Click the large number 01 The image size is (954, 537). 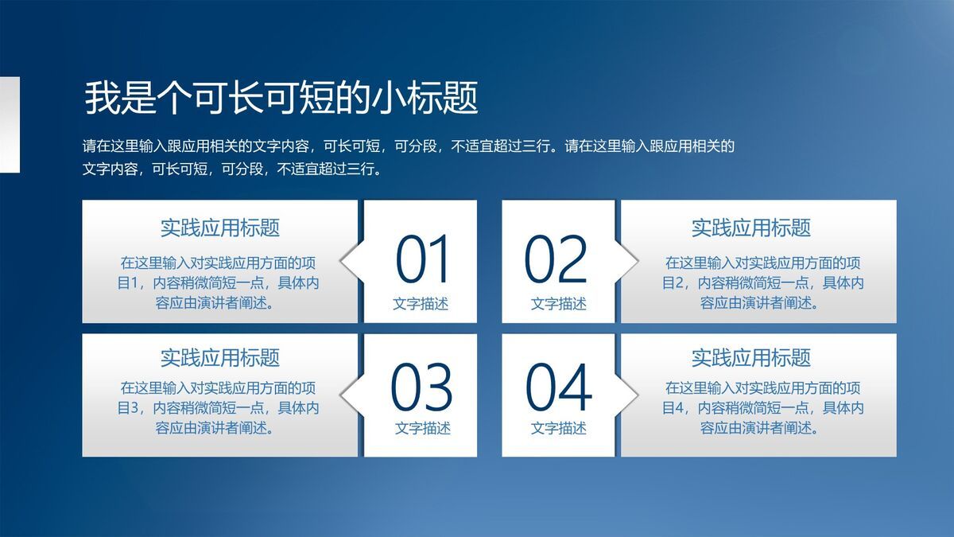[423, 260]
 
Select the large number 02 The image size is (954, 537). [556, 260]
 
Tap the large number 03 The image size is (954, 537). [421, 387]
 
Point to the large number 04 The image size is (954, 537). [558, 387]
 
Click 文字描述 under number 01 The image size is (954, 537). [421, 303]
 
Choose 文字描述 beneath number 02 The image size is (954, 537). [558, 303]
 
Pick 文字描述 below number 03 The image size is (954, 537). [422, 428]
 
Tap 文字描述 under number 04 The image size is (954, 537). [558, 428]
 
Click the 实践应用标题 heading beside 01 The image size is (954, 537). [220, 228]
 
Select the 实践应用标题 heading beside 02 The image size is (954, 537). [750, 228]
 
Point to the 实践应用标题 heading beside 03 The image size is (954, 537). [220, 357]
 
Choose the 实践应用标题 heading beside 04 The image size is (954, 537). [750, 357]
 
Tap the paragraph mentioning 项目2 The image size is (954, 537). [763, 282]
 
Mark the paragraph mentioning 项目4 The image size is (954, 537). [763, 408]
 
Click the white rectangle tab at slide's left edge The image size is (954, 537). [10, 124]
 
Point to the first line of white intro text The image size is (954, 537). [409, 146]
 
